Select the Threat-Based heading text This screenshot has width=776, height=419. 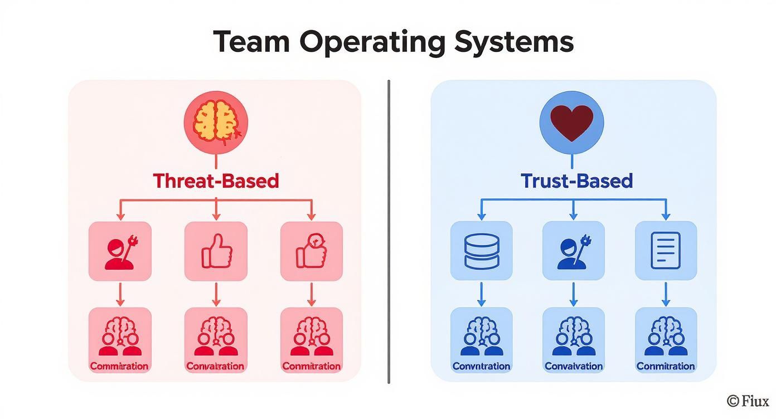point(216,181)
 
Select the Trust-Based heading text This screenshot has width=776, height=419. point(576,181)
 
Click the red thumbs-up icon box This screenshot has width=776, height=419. point(216,251)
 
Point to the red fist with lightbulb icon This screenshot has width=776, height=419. point(311,251)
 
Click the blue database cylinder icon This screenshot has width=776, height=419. point(482,251)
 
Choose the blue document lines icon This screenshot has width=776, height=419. point(666,251)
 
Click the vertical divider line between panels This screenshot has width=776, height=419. point(389,231)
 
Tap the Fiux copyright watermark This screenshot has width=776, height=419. point(748,401)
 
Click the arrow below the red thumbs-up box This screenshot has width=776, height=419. point(216,294)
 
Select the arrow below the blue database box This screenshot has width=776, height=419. point(482,294)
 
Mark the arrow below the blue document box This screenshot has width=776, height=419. point(666,294)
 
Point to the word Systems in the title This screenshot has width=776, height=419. point(513,43)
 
